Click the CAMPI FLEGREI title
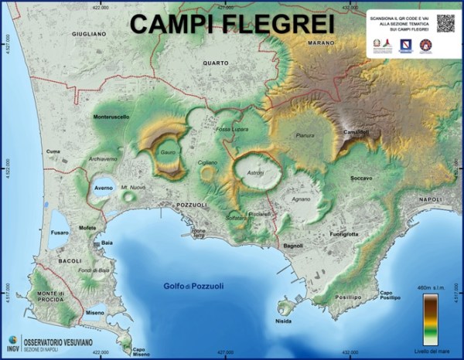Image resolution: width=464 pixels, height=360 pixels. tap(232, 24)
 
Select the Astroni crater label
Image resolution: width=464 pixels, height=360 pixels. tap(254, 172)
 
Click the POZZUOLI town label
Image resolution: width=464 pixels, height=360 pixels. tap(192, 205)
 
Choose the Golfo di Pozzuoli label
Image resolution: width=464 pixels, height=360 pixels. tap(193, 287)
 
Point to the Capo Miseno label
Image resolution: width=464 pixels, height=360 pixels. tap(140, 351)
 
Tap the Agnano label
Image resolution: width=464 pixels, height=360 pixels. tap(300, 199)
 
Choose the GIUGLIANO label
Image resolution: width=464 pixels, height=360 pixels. tap(88, 35)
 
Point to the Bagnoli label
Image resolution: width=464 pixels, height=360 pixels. tap(293, 246)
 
